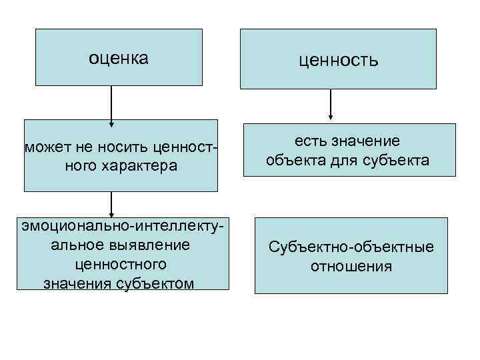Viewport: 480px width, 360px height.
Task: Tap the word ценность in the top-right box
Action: [339, 61]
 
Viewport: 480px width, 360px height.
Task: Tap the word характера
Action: [140, 165]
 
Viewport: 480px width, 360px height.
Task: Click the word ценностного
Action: [121, 264]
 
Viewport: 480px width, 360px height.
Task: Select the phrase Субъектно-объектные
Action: [351, 247]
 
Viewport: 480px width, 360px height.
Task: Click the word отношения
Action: [351, 267]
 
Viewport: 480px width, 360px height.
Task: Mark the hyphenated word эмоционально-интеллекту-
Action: [121, 226]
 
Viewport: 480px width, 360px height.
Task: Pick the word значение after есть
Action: [367, 141]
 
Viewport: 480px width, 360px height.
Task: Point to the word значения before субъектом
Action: [73, 283]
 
